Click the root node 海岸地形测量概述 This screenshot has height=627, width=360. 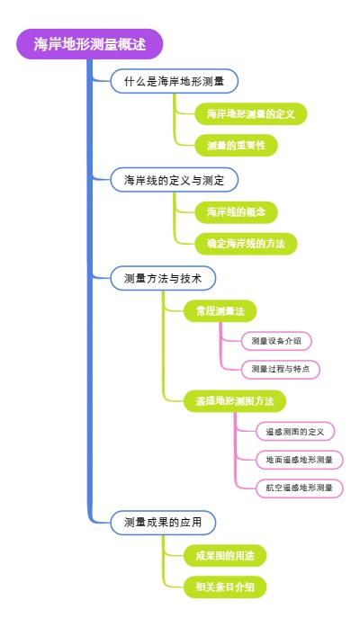point(89,44)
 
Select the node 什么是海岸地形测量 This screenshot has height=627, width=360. point(175,82)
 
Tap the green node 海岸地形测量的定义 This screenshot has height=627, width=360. point(251,114)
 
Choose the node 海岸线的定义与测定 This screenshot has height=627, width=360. point(175,180)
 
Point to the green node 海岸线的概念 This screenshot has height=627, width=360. point(236,212)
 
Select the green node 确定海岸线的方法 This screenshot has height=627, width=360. point(246,244)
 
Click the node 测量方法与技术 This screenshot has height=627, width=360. point(162,278)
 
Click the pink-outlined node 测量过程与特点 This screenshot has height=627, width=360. point(281,369)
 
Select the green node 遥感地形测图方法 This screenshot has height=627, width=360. point(234,400)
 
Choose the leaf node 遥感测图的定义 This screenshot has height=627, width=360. point(294,432)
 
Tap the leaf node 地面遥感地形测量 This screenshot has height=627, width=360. point(299,460)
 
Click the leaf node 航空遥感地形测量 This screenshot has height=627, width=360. point(299,488)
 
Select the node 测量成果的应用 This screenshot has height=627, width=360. point(162,522)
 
